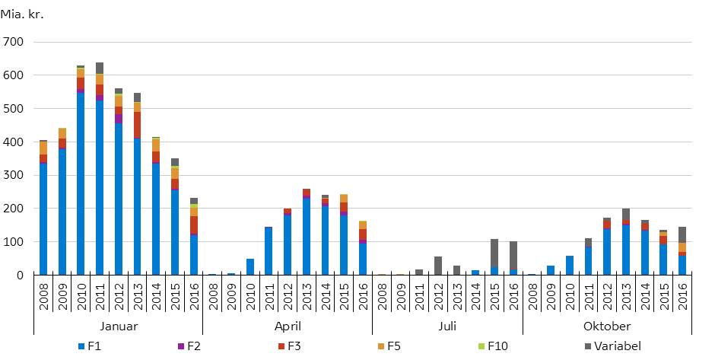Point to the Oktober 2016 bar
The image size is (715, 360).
682,251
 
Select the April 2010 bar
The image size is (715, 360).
250,267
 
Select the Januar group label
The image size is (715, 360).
119,326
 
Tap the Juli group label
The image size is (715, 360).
447,326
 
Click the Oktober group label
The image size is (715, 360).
607,326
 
